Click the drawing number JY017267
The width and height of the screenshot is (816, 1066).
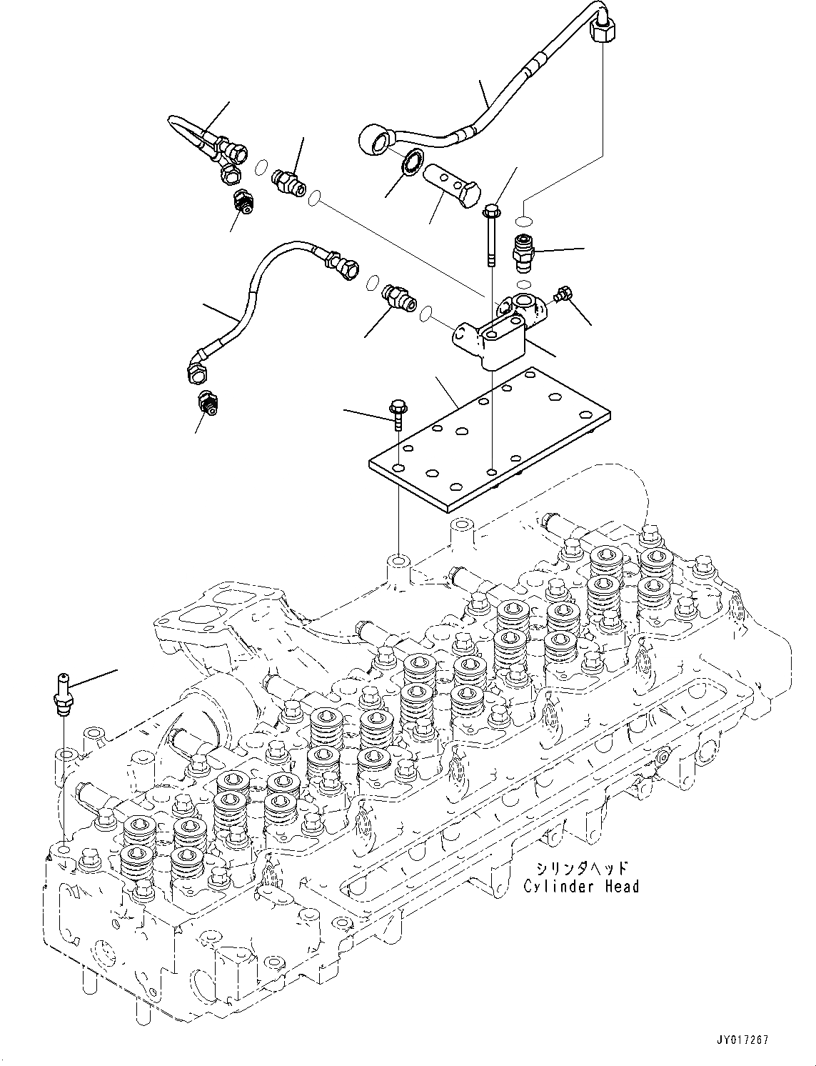click(x=740, y=1041)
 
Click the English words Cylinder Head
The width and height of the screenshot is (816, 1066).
click(x=581, y=887)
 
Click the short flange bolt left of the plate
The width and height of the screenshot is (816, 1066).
click(x=396, y=414)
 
